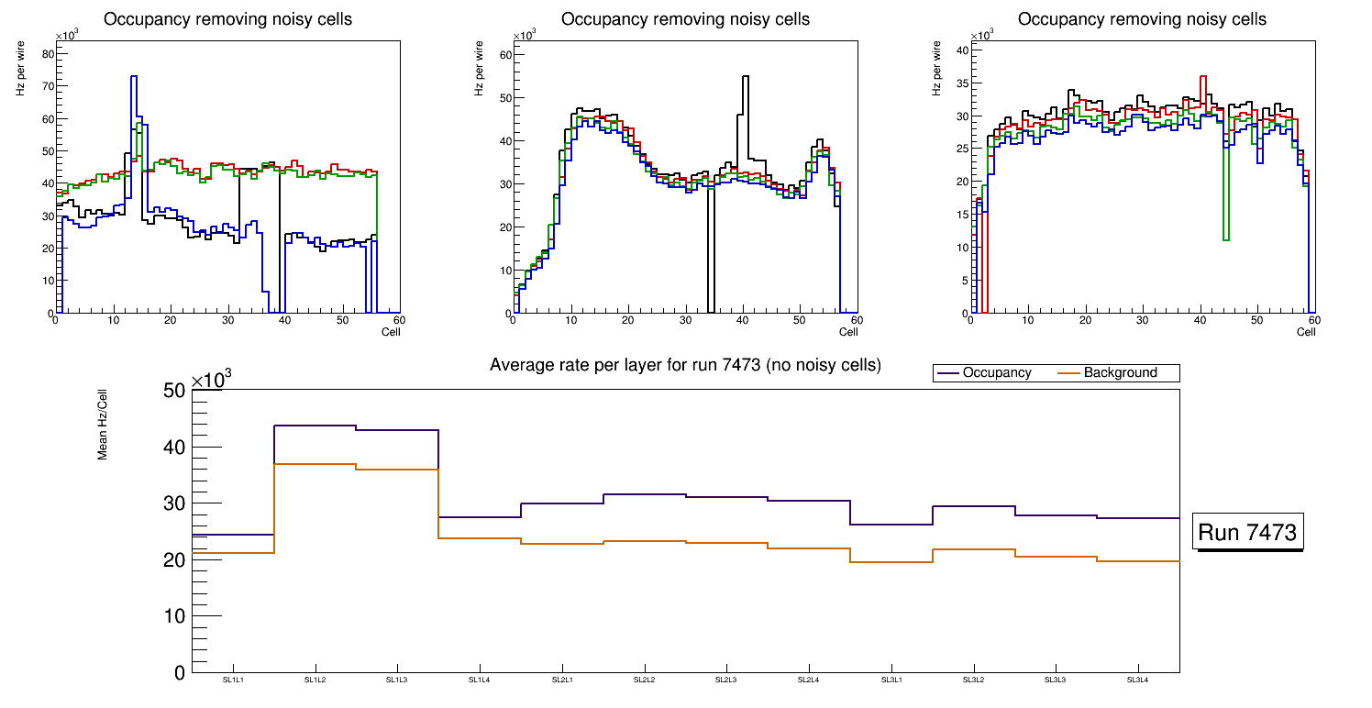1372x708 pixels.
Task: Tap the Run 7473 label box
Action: coord(1247,533)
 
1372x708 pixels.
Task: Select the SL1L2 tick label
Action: coord(315,680)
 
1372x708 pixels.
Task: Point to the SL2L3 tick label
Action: coord(726,680)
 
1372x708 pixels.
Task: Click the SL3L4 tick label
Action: coord(1138,680)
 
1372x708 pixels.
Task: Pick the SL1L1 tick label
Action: coord(233,680)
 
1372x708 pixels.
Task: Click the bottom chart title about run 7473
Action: coord(685,365)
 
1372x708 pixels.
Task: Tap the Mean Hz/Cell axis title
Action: coord(104,423)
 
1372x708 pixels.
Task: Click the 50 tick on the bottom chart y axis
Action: coord(174,392)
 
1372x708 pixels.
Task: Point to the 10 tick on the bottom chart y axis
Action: coord(174,615)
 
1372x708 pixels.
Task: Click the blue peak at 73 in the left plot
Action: coord(134,77)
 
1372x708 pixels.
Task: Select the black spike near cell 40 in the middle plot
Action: coord(745,77)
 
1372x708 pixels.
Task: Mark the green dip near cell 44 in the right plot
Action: coord(1226,240)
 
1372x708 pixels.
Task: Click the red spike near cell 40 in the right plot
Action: coord(1203,77)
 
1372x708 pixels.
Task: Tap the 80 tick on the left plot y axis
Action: coord(49,53)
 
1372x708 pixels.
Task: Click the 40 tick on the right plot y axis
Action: coord(963,50)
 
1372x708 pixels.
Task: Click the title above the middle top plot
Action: coord(685,19)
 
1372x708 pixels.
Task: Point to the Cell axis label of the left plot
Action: coord(392,331)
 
